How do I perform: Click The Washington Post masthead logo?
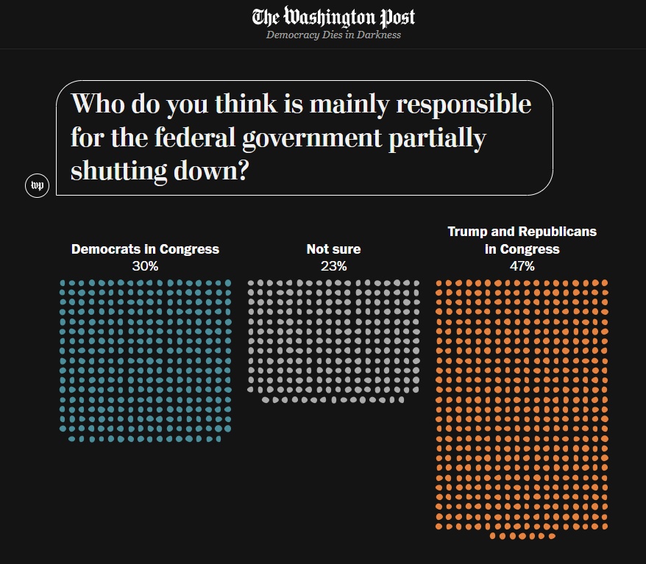pyautogui.click(x=333, y=17)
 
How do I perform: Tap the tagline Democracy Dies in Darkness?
pyautogui.click(x=333, y=35)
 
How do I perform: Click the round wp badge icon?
pyautogui.click(x=37, y=186)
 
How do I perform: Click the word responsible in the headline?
pyautogui.click(x=464, y=104)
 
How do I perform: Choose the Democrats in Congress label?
pyautogui.click(x=145, y=249)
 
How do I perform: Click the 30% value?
pyautogui.click(x=145, y=266)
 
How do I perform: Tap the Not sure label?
pyautogui.click(x=333, y=249)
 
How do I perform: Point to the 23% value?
pyautogui.click(x=333, y=266)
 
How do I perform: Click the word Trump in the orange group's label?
pyautogui.click(x=468, y=232)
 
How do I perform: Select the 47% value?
pyautogui.click(x=522, y=266)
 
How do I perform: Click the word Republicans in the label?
pyautogui.click(x=556, y=232)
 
